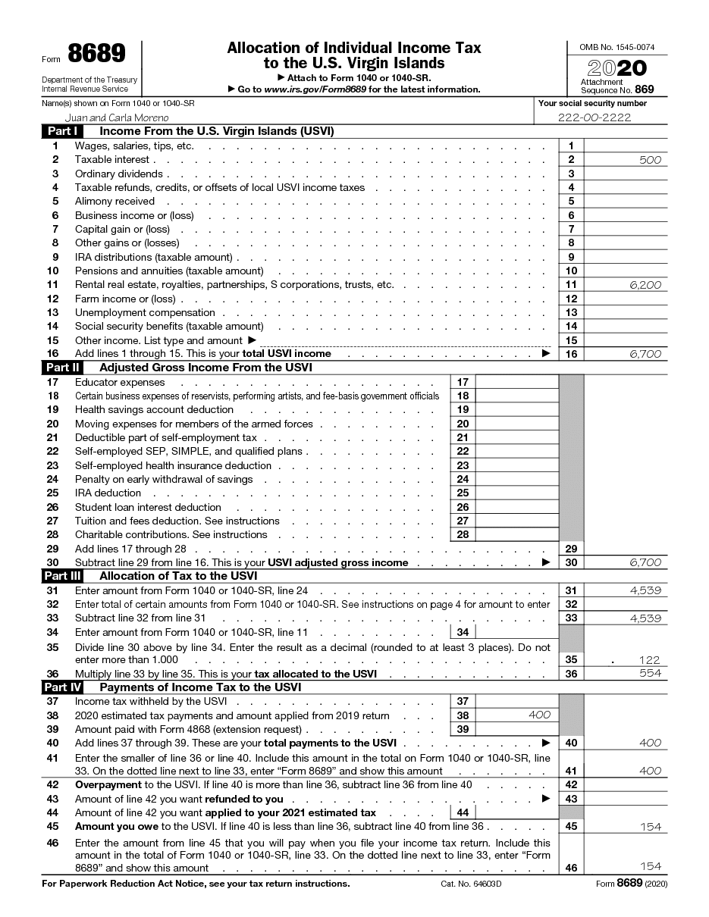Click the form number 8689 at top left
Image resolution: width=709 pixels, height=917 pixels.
tap(96, 54)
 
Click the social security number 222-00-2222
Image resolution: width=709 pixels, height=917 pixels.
tap(594, 117)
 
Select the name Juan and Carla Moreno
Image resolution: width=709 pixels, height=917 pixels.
tap(117, 117)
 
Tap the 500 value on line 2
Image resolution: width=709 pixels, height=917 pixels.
tap(650, 160)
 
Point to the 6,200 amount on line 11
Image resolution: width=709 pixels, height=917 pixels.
tap(645, 285)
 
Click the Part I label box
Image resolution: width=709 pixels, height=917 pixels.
tap(61, 131)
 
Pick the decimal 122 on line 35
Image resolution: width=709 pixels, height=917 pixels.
tap(649, 660)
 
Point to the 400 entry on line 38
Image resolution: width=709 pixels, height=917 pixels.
tap(539, 715)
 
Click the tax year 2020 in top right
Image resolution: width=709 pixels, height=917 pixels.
tap(617, 67)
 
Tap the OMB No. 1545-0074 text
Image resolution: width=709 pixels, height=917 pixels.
tap(617, 47)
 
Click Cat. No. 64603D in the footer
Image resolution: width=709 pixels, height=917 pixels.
tap(472, 884)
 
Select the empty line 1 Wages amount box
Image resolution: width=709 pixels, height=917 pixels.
tap(626, 146)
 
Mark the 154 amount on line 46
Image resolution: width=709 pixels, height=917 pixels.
tap(650, 866)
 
